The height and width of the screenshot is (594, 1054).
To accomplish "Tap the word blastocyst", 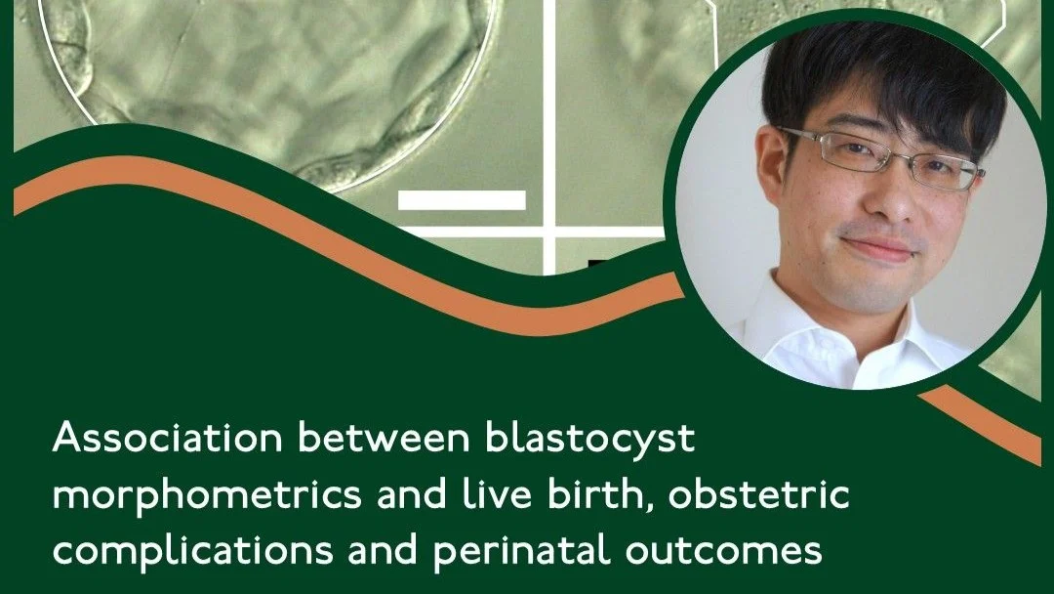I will point(589,439).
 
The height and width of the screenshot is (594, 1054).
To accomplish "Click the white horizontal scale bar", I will point(462,200).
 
